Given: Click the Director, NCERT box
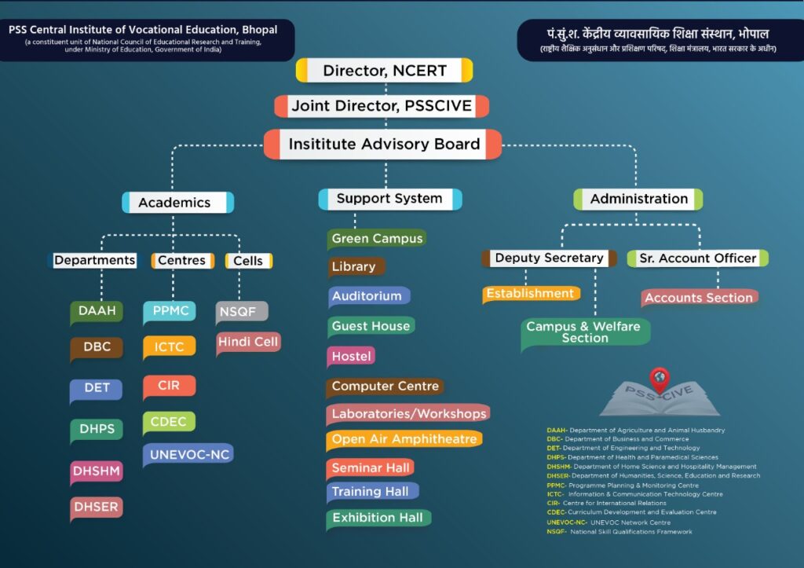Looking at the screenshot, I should (384, 71).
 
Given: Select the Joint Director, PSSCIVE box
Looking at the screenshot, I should (382, 105).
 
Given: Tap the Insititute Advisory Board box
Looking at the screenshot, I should (383, 145).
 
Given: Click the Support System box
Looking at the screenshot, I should (389, 199).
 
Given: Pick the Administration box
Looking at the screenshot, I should (638, 200).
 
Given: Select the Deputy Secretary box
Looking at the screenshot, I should (549, 258).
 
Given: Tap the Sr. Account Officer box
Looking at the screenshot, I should (697, 258).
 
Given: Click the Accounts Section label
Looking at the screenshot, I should (698, 297).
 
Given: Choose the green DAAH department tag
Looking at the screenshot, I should (97, 311).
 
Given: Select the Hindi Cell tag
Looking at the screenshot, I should (248, 342).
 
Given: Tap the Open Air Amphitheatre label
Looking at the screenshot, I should (404, 439).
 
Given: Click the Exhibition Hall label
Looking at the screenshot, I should (377, 518).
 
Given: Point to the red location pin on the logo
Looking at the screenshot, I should (660, 379).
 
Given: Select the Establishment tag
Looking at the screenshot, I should (530, 294).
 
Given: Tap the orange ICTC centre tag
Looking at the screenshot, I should (169, 346).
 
